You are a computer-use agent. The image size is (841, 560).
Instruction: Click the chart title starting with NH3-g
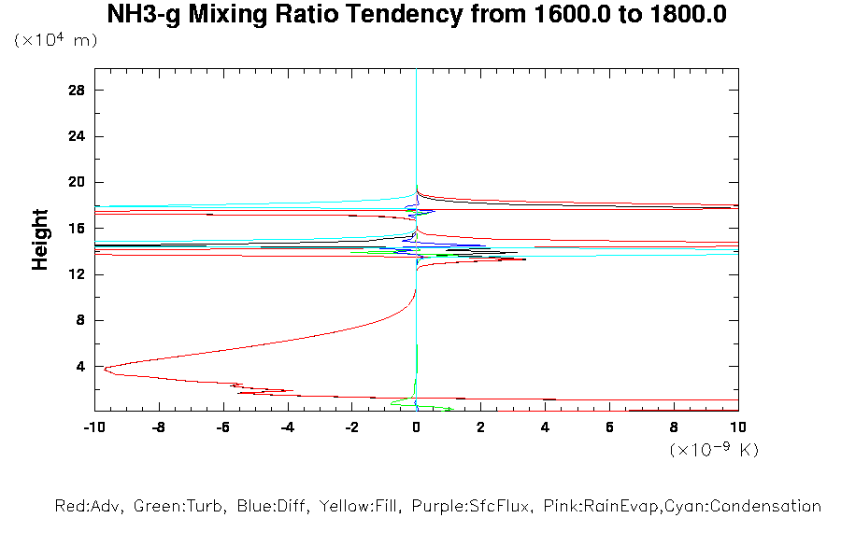(417, 15)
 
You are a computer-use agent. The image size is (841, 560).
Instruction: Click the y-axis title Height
(40, 240)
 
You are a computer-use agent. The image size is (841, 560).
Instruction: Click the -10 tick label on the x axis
(93, 427)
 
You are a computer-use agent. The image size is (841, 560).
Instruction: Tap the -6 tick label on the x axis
(222, 427)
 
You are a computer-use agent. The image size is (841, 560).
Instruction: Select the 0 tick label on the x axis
(417, 427)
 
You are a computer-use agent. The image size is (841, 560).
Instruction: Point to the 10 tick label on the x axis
(738, 427)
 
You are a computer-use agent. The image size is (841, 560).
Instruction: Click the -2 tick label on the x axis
(351, 427)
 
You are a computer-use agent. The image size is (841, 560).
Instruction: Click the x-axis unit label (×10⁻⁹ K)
(714, 450)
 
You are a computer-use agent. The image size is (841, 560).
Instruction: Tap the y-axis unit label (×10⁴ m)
(56, 41)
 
